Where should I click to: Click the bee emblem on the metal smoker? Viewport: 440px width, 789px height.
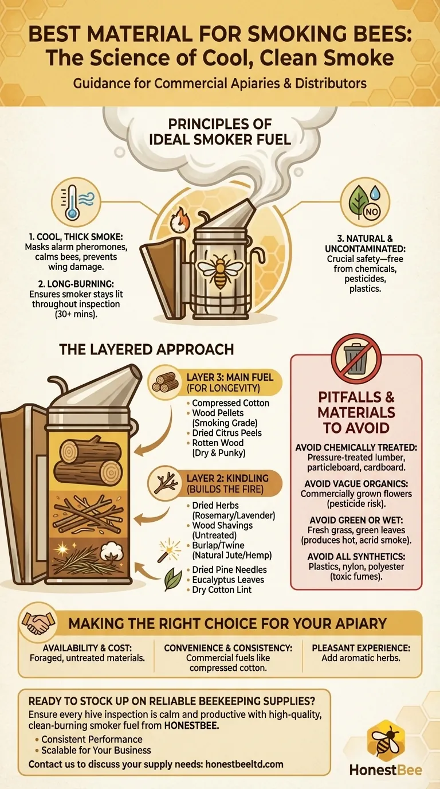tap(220, 271)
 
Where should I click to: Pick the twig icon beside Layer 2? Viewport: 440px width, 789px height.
tap(167, 483)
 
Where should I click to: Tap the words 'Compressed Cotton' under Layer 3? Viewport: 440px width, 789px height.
tap(230, 403)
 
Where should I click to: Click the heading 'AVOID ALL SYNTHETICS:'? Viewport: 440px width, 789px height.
tap(356, 556)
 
